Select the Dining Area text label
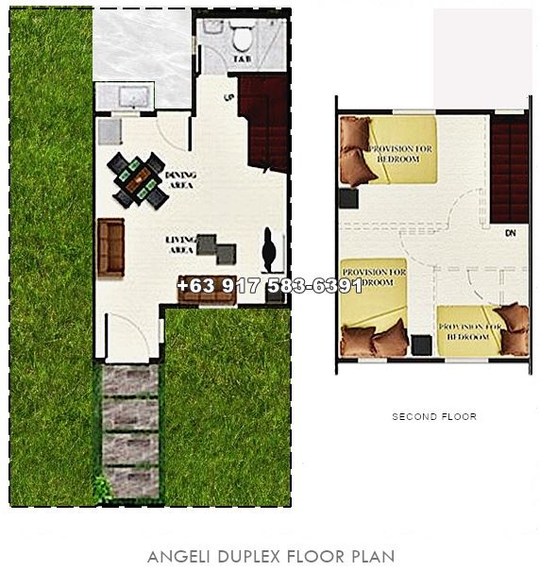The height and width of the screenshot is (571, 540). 179,179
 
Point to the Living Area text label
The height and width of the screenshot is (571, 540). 180,243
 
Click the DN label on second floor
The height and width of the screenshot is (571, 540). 510,232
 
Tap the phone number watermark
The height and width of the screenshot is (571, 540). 269,285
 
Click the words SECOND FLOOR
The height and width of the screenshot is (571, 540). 434,416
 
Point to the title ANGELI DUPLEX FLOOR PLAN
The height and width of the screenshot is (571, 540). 271,557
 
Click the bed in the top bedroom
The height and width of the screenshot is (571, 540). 392,151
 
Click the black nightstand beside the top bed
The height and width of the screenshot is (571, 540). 347,198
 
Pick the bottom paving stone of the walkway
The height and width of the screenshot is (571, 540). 129,479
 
